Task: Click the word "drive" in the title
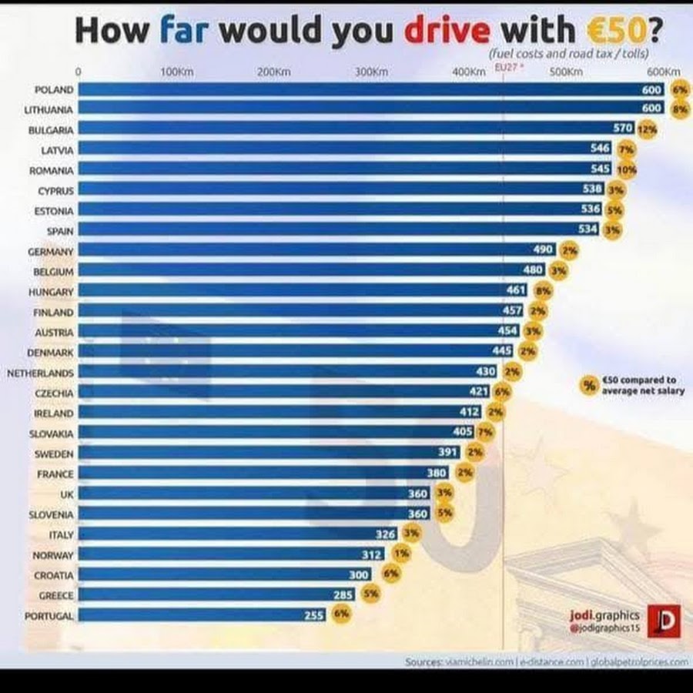tap(446, 30)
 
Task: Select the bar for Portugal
tap(192, 615)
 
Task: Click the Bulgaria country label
tap(51, 130)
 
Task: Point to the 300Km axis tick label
tap(371, 72)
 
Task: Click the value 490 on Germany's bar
tap(544, 250)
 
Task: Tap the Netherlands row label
tap(40, 373)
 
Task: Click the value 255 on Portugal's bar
tap(315, 615)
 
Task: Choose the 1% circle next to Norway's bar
tap(401, 554)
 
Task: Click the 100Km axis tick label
tap(176, 72)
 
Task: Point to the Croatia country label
tap(54, 575)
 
